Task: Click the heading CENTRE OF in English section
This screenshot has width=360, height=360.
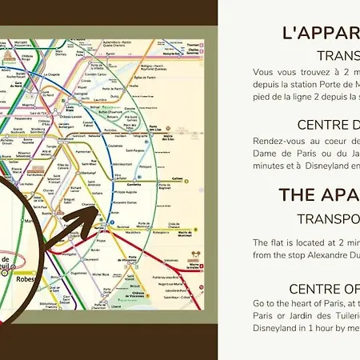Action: coord(323,288)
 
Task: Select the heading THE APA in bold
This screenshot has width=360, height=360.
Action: coord(318,195)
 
